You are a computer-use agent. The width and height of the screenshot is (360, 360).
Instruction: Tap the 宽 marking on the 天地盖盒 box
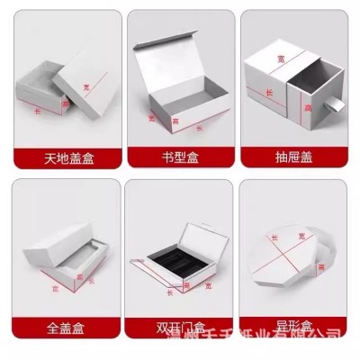click(86, 87)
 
